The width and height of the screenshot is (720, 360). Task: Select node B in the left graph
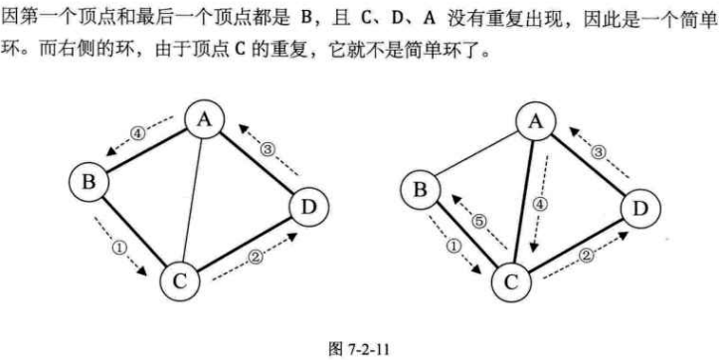point(90,181)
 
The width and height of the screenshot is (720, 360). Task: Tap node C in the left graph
point(179,282)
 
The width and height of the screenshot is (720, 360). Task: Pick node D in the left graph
point(307,208)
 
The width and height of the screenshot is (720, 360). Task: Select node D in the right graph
point(639,208)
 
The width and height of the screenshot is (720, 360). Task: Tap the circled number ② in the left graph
point(255,258)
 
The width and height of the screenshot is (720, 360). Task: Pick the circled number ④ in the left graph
point(138,131)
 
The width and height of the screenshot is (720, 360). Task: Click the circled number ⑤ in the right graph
point(476,224)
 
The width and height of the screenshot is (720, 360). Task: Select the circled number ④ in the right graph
point(540,207)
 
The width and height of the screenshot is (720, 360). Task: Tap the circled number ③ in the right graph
point(599,151)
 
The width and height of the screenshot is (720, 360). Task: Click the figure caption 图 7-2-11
point(358,350)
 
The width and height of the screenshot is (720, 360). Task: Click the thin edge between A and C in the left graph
point(193,199)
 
